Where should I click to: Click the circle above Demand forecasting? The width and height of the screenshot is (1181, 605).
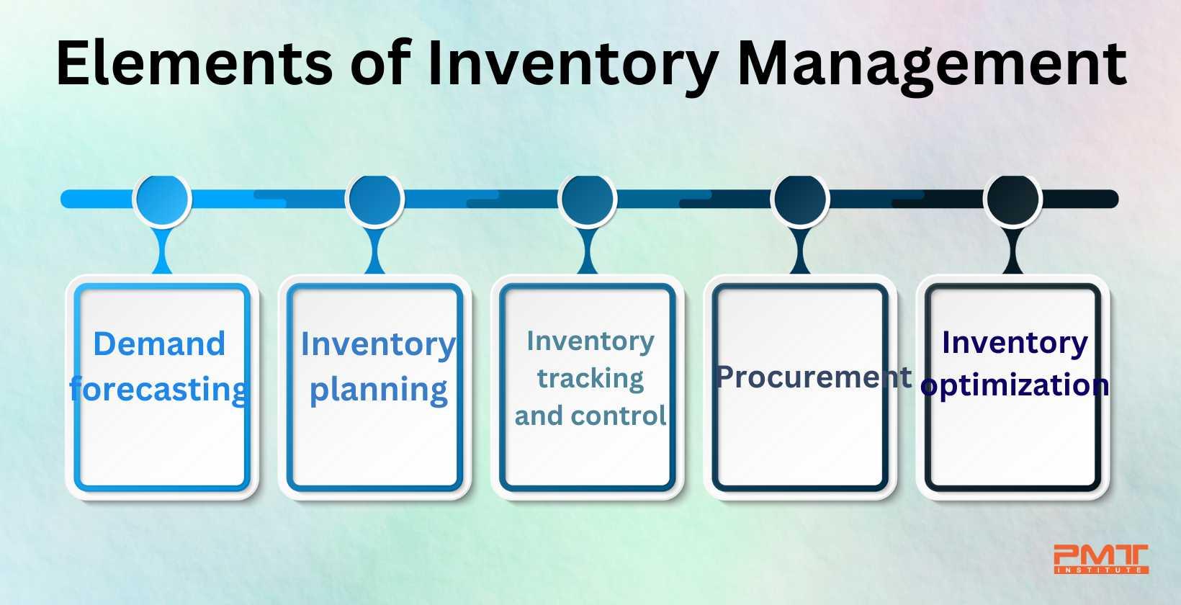(x=162, y=198)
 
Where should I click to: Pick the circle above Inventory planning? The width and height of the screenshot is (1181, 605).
(x=374, y=198)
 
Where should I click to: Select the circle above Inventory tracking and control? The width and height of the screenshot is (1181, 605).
(x=588, y=198)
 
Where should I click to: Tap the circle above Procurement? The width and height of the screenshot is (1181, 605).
(x=799, y=198)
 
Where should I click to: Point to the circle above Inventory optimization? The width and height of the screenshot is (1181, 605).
(x=1012, y=198)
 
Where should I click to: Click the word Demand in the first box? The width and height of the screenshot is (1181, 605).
(x=159, y=344)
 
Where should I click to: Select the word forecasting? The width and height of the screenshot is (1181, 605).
(x=159, y=389)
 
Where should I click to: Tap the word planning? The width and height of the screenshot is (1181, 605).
(x=378, y=390)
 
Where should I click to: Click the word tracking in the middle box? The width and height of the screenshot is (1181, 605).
(x=590, y=378)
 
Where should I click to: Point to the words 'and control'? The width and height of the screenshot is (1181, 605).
(x=590, y=416)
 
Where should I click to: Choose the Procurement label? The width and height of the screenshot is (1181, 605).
(x=814, y=377)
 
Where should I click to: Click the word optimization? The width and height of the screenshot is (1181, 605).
(x=1015, y=385)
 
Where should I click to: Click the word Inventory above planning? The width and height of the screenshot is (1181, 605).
(x=378, y=344)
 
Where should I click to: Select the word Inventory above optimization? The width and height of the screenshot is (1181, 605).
(x=1015, y=342)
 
